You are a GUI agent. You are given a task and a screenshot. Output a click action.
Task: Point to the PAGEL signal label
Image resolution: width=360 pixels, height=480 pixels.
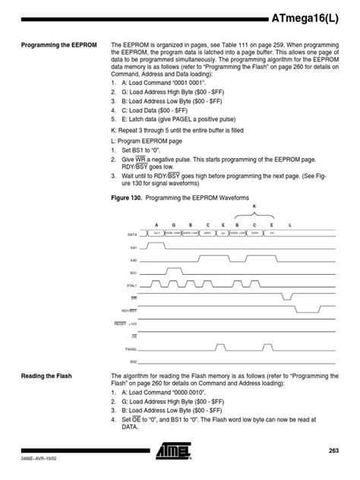131,349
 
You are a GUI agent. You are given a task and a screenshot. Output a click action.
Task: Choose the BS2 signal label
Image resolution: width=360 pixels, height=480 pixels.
133,362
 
